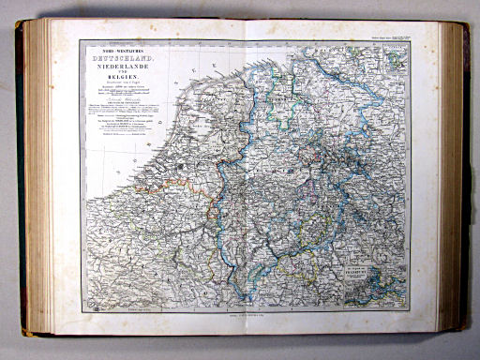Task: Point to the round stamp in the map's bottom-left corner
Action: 91,306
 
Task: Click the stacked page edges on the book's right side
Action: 454,178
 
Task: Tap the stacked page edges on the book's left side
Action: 37,178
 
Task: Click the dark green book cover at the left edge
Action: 20,178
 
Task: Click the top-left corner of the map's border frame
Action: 80,40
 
